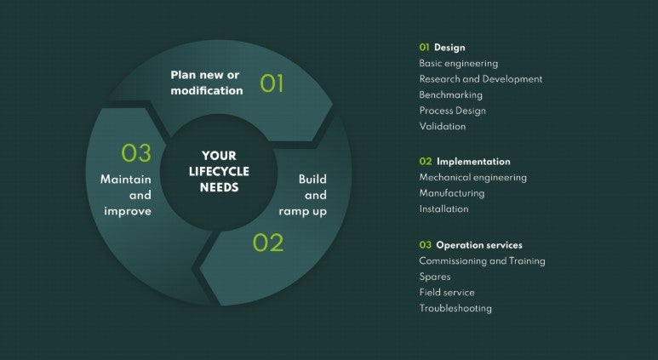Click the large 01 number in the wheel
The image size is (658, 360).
pyautogui.click(x=272, y=83)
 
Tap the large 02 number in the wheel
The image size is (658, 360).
pyautogui.click(x=268, y=243)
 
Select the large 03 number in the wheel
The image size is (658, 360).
pyautogui.click(x=136, y=152)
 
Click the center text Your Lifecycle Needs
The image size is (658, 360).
pyautogui.click(x=219, y=171)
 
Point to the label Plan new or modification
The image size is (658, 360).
pyautogui.click(x=207, y=83)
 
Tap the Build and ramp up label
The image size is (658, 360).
pyautogui.click(x=302, y=195)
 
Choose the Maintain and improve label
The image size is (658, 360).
pyautogui.click(x=126, y=195)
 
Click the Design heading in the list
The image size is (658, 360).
pyautogui.click(x=449, y=48)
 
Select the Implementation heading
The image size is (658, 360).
pyautogui.click(x=473, y=162)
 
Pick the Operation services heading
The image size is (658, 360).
pyautogui.click(x=479, y=245)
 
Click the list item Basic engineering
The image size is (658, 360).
pyautogui.click(x=459, y=63)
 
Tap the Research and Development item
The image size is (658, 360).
pyautogui.click(x=481, y=79)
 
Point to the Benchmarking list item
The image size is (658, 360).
pyautogui.click(x=450, y=94)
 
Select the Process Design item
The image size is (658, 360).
pyautogui.click(x=452, y=111)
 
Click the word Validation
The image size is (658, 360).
pyautogui.click(x=443, y=126)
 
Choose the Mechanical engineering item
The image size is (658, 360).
pyautogui.click(x=473, y=178)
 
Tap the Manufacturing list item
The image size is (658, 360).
pyautogui.click(x=452, y=193)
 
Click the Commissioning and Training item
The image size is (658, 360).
pyautogui.click(x=482, y=261)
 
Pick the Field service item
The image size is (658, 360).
pyautogui.click(x=447, y=293)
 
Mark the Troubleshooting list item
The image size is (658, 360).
pyautogui.click(x=455, y=308)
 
